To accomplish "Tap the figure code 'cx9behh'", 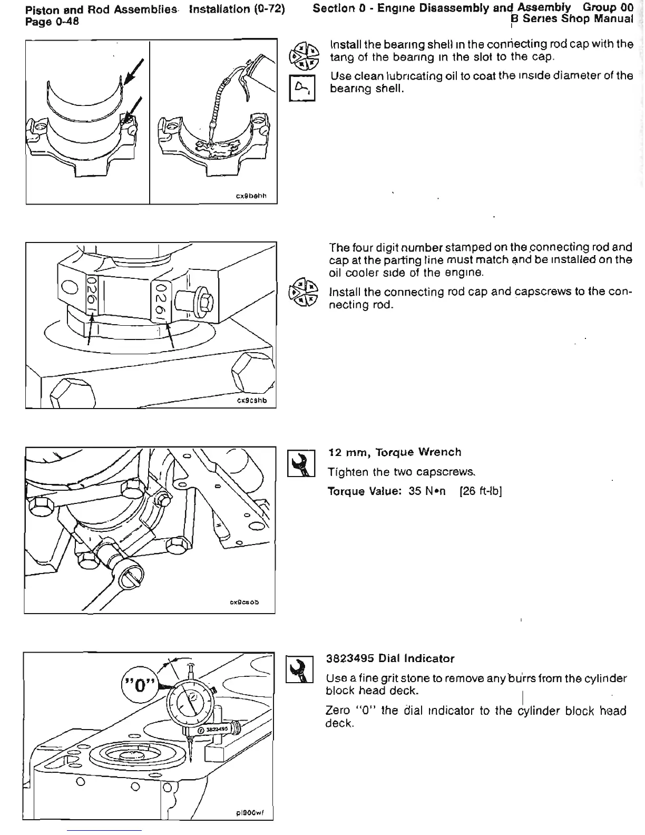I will [x=251, y=196].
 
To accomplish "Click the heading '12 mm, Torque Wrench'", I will [x=394, y=452].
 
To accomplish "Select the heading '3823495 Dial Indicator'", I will [x=390, y=658].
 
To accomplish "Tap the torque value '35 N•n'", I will [x=427, y=491].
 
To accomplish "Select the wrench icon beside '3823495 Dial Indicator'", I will [x=299, y=669].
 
